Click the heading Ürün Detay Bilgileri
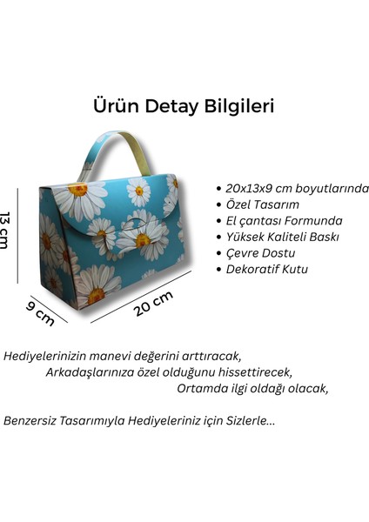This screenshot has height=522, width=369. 184,106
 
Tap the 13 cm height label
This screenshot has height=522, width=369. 6,230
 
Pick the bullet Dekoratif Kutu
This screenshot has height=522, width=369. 267,269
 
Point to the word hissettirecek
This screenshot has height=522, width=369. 256,372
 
